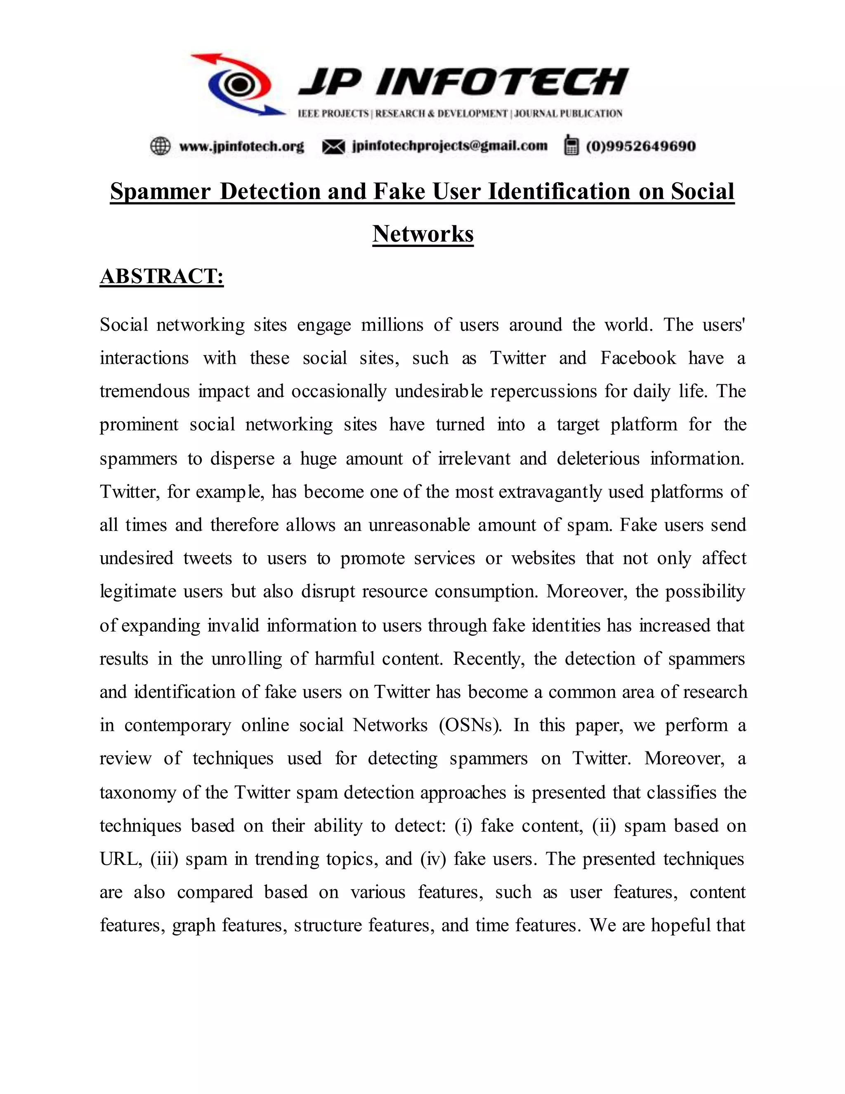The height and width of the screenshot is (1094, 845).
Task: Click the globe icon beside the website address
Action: click(160, 146)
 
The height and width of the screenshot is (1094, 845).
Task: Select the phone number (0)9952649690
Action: click(640, 146)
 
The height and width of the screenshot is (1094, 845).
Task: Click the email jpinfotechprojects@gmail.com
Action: click(450, 146)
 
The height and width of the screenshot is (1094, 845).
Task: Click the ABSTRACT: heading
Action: click(162, 277)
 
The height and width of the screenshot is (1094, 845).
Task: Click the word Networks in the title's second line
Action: click(423, 234)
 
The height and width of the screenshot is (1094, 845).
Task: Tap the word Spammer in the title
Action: click(160, 192)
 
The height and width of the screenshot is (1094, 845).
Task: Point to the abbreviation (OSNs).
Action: click(470, 725)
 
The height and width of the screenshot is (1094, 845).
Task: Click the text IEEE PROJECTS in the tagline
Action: click(333, 114)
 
